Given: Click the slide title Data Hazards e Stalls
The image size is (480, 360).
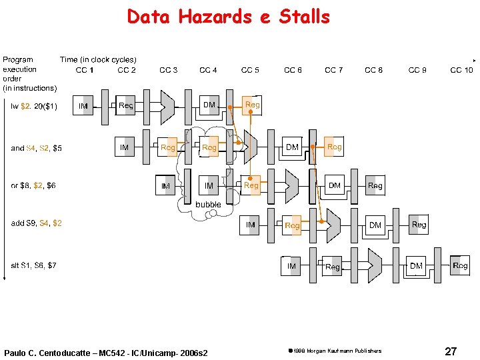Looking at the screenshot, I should [228, 16].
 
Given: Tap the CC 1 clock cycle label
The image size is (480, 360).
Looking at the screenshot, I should [85, 70].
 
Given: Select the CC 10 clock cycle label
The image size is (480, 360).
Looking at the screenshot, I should [461, 70].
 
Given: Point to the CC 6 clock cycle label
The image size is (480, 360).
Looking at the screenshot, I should [293, 70].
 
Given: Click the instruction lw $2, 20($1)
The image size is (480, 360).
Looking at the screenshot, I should [34, 106].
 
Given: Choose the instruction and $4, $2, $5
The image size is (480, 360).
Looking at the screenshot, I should [36, 148].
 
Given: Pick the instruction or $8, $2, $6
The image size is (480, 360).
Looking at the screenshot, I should [33, 186].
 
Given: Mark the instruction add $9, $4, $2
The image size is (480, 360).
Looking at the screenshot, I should [36, 223].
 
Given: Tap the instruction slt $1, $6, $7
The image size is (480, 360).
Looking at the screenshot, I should [33, 265].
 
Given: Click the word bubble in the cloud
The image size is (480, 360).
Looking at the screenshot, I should [208, 204].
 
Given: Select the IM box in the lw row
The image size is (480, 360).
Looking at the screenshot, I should [83, 106].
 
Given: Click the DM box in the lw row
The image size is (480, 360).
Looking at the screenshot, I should [209, 105].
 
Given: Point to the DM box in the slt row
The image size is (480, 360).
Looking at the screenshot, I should [417, 266].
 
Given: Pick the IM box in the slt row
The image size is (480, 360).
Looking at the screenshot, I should [291, 266].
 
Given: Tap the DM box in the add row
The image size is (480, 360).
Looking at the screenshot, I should [375, 225].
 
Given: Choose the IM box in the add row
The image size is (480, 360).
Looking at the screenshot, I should [251, 225].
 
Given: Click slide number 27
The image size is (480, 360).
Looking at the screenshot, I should [451, 351].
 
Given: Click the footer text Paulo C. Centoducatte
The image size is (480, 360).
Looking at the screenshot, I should [105, 352].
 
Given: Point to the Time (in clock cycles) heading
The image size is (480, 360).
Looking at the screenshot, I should [98, 59].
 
